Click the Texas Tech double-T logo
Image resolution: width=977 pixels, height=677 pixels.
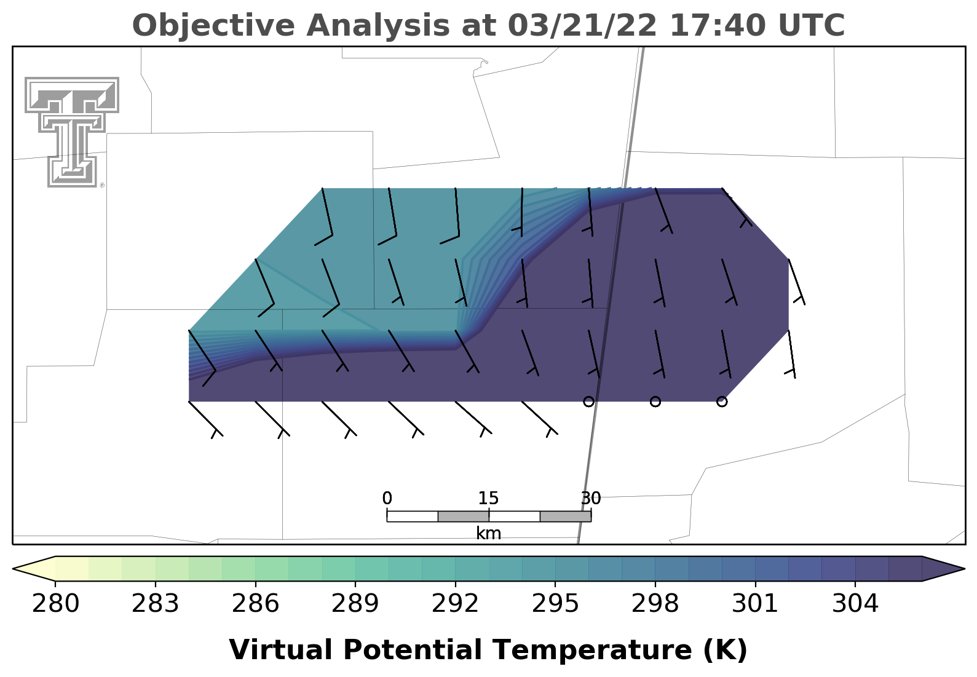click(x=72, y=132)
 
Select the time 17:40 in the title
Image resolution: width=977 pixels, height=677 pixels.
click(x=718, y=25)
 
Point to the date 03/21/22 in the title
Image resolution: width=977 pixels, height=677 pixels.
click(x=582, y=25)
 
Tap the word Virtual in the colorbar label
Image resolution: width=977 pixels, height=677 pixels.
click(x=280, y=649)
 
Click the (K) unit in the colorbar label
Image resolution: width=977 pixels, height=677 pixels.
click(x=726, y=651)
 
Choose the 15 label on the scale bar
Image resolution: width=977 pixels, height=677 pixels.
click(x=488, y=498)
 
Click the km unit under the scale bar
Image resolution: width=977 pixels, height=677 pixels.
click(x=488, y=533)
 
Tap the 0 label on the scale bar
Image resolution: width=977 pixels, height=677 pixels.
click(x=387, y=498)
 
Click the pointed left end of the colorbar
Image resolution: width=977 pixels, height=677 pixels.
click(x=14, y=568)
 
